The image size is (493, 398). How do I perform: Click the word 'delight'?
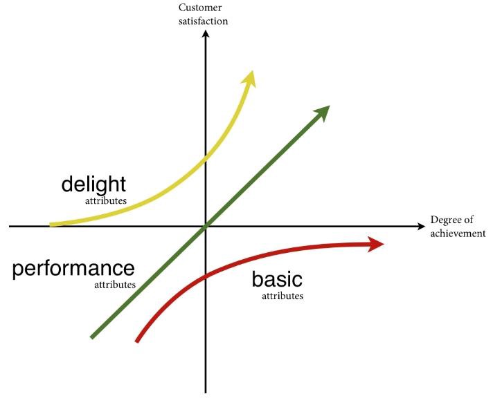coord(93,184)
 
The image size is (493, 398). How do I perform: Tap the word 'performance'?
coord(73,269)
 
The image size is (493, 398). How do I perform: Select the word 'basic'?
coord(277,279)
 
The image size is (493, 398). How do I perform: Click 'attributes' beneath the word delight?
coord(106,201)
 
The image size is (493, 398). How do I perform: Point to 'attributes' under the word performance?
coord(115,285)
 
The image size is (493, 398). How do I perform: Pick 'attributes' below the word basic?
coord(283,296)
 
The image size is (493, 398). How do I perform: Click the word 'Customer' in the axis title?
coord(200,8)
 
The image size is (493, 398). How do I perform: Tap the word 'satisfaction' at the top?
coord(203,21)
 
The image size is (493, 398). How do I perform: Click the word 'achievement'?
coord(458,234)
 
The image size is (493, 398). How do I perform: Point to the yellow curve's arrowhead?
coord(249,79)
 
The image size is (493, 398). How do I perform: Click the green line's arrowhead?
coord(322,113)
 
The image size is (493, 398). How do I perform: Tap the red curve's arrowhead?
coord(375,244)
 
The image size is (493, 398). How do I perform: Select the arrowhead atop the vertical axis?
coord(206,33)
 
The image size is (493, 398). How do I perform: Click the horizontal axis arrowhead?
coord(421,227)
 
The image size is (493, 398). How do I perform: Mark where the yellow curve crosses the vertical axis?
coord(206,158)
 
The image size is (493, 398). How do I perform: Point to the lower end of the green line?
coord(92,337)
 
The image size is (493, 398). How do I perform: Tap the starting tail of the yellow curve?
coord(51,225)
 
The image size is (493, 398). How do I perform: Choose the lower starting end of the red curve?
coord(137,341)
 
